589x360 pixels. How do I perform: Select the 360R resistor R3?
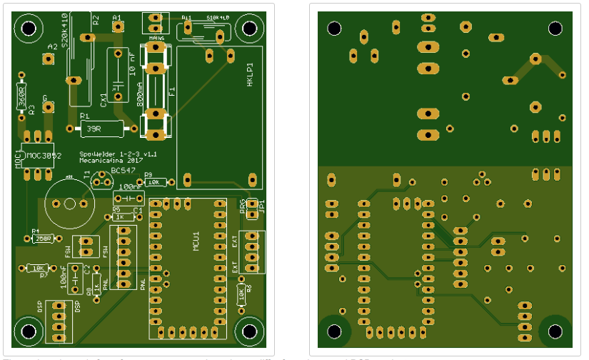pyautogui.click(x=21, y=94)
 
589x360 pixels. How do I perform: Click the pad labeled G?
pyautogui.click(x=48, y=107)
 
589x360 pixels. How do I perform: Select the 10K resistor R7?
pyautogui.click(x=36, y=268)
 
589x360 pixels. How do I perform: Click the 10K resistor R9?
pyautogui.click(x=155, y=183)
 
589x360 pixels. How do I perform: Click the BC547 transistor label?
pyautogui.click(x=123, y=171)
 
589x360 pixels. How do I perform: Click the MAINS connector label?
pyautogui.click(x=156, y=37)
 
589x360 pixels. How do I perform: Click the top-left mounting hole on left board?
pyautogui.click(x=29, y=29)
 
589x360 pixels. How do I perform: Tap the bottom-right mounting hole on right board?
pyautogui.click(x=555, y=331)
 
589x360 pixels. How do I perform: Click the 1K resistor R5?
pyautogui.click(x=123, y=216)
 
